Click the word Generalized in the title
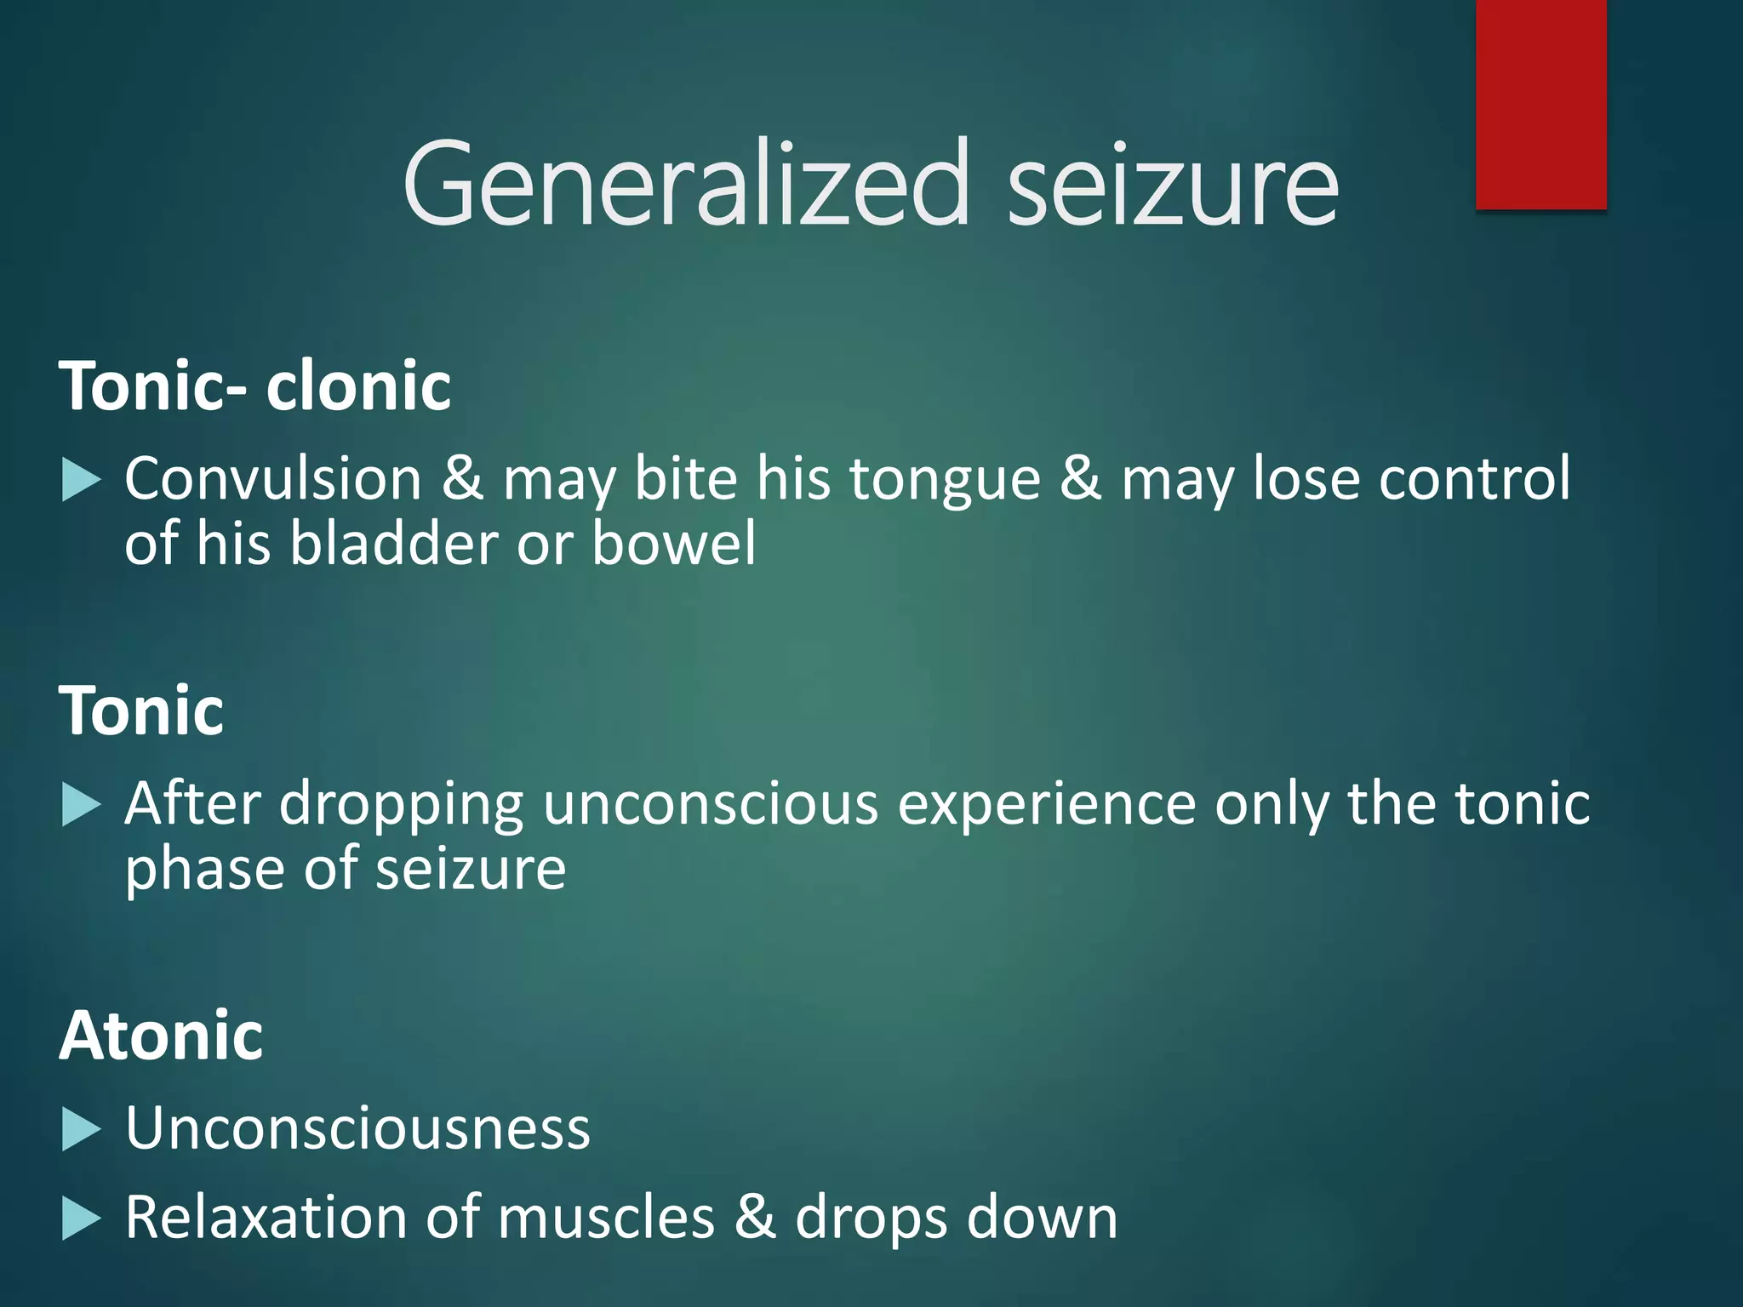[686, 184]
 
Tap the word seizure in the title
[1173, 184]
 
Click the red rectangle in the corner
[1540, 104]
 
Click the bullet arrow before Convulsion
[82, 481]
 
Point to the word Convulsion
[273, 478]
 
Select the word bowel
[673, 543]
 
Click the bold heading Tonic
[141, 711]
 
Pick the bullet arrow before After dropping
[82, 805]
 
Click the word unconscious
[711, 803]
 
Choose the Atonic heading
[161, 1036]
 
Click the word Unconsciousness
[357, 1128]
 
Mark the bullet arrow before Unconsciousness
[82, 1131]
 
